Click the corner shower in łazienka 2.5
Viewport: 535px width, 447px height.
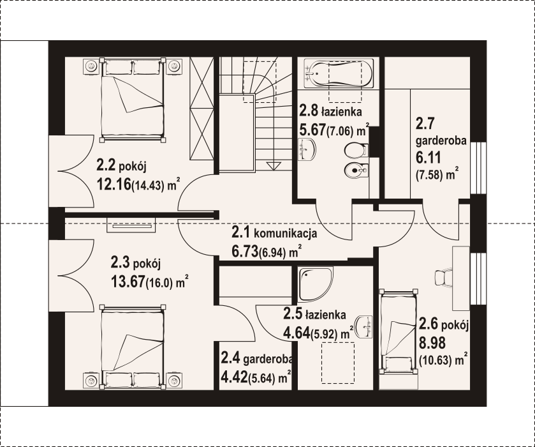315,284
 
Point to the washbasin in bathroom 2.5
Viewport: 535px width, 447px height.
363,326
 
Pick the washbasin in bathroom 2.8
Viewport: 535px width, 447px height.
307,149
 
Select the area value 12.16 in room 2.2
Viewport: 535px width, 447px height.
114,184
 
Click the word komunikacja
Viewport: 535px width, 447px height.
285,234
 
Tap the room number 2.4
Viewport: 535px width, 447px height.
231,358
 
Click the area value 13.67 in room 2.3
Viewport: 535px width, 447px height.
128,282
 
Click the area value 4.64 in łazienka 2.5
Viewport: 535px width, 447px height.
297,333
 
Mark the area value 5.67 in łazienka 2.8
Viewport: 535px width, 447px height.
312,130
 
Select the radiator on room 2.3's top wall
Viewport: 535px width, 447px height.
131,225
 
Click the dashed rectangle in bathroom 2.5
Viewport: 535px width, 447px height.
338,363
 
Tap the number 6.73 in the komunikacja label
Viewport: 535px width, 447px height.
245,252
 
